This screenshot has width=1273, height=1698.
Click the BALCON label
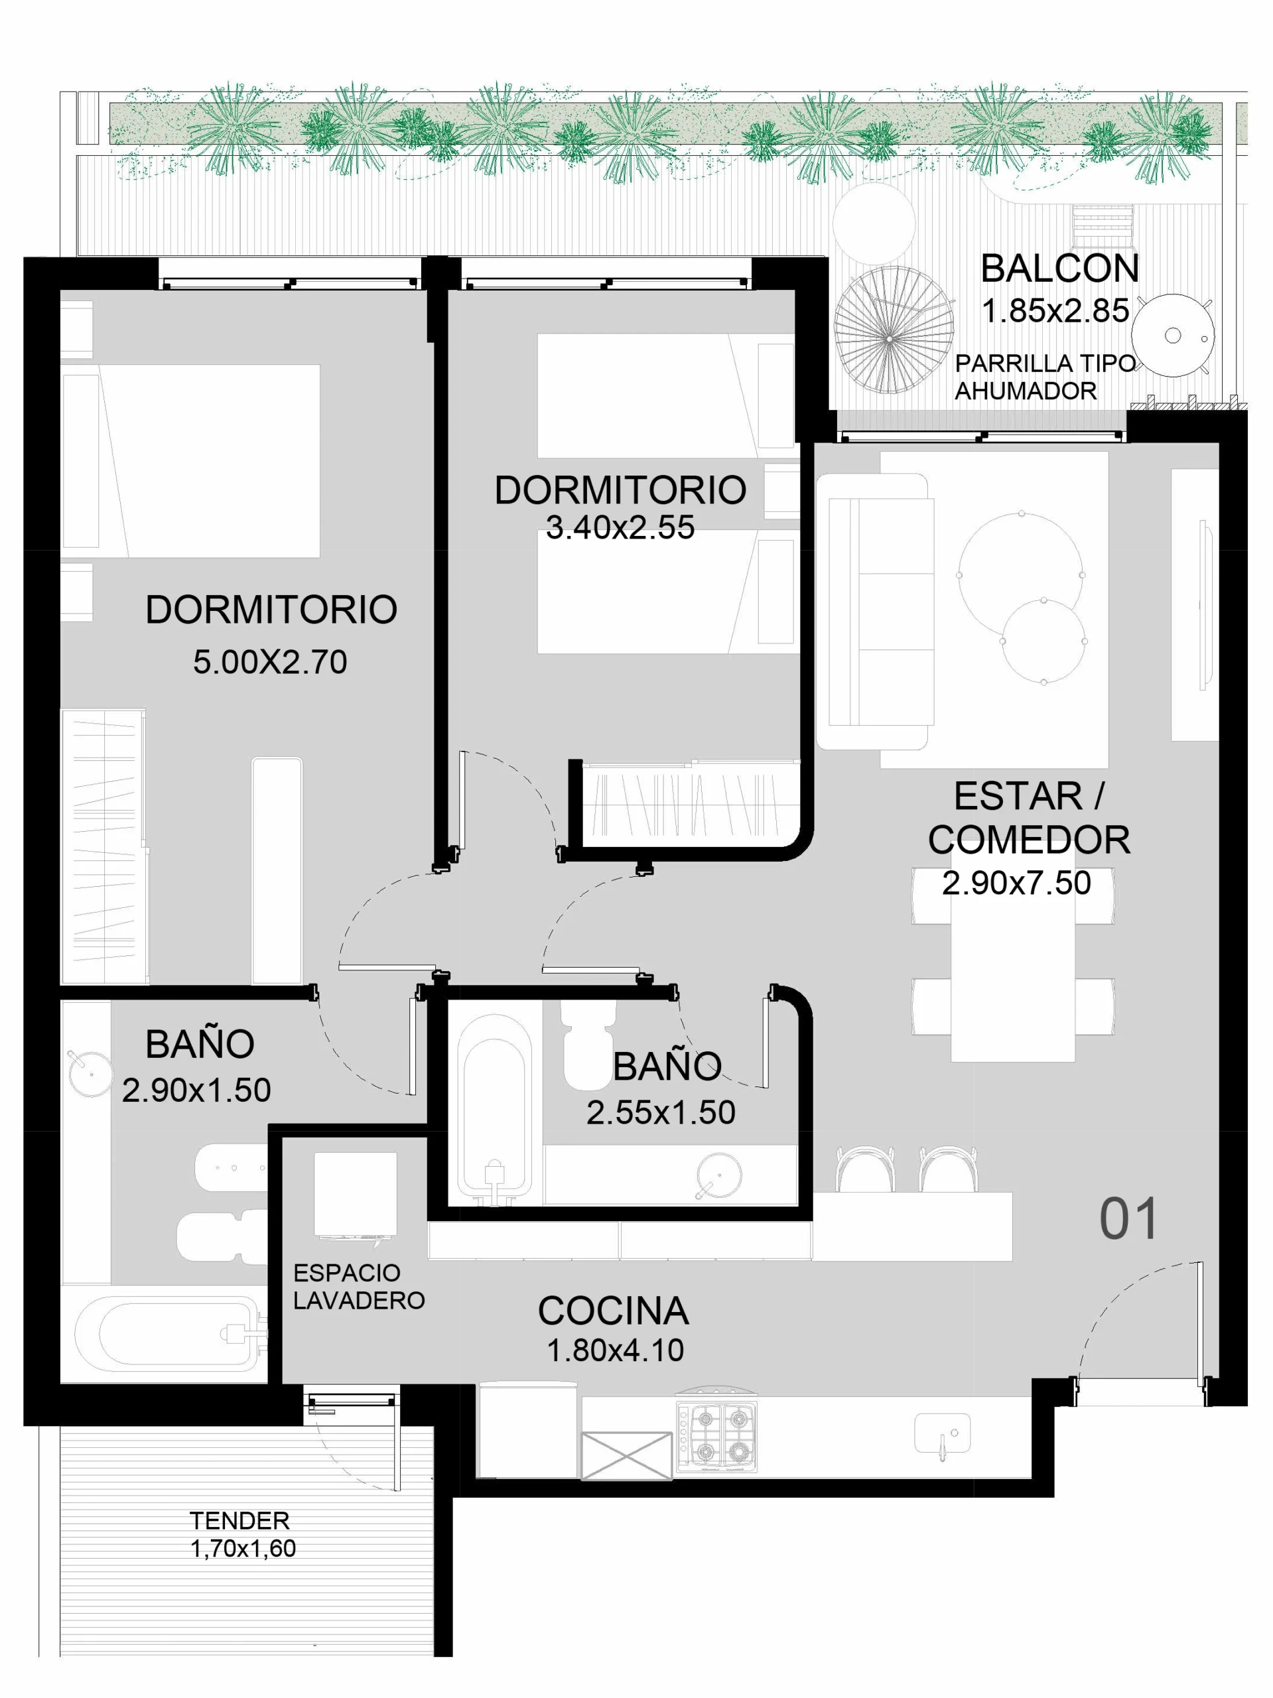pos(1059,269)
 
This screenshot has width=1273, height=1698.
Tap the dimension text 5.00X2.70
pos(270,662)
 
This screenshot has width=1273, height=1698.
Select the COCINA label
pos(613,1311)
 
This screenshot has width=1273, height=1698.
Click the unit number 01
pos(1128,1219)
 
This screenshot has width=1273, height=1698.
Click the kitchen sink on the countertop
pos(943,1434)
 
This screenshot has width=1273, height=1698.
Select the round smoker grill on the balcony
pos(1172,336)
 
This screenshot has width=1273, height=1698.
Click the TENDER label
pos(239,1521)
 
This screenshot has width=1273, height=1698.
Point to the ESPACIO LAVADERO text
pos(359,1287)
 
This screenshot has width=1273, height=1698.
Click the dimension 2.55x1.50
pos(661,1113)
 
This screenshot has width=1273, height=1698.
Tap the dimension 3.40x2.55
pos(620,527)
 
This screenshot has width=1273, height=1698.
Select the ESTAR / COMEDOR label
pos(1029,818)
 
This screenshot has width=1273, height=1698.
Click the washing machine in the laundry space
pos(356,1195)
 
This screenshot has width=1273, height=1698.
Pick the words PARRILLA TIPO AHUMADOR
pos(1045,377)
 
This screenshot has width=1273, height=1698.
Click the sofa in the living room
pos(875,611)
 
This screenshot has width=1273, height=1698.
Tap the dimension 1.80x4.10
pos(615,1350)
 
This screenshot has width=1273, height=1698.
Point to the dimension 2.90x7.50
pos(1016,883)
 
